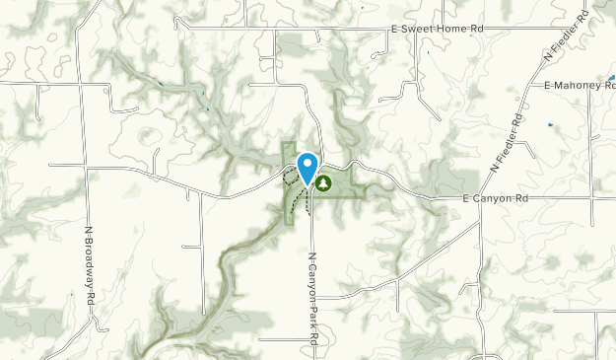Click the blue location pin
(308, 166)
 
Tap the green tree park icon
(323, 181)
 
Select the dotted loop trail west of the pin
(290, 178)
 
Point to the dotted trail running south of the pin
(307, 202)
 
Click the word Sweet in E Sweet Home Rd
(414, 30)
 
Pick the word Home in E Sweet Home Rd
(449, 30)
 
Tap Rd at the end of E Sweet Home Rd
(476, 30)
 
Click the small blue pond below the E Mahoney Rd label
(550, 125)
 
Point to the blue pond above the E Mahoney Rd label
(611, 75)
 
